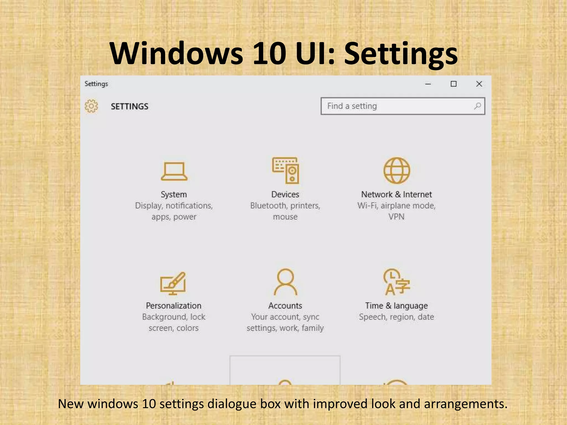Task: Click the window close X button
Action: click(479, 84)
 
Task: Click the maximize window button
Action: click(453, 84)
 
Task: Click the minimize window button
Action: click(428, 84)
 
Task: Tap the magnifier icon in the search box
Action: click(477, 106)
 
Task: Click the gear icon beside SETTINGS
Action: click(91, 106)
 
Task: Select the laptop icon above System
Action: click(174, 171)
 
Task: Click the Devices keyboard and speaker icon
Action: click(285, 170)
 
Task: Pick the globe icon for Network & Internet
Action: click(396, 170)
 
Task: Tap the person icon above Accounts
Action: click(285, 282)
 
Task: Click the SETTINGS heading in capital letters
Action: click(130, 107)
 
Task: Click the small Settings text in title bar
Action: click(96, 84)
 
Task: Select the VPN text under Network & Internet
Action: click(396, 217)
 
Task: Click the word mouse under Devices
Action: click(285, 217)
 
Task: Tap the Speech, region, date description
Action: click(396, 317)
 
